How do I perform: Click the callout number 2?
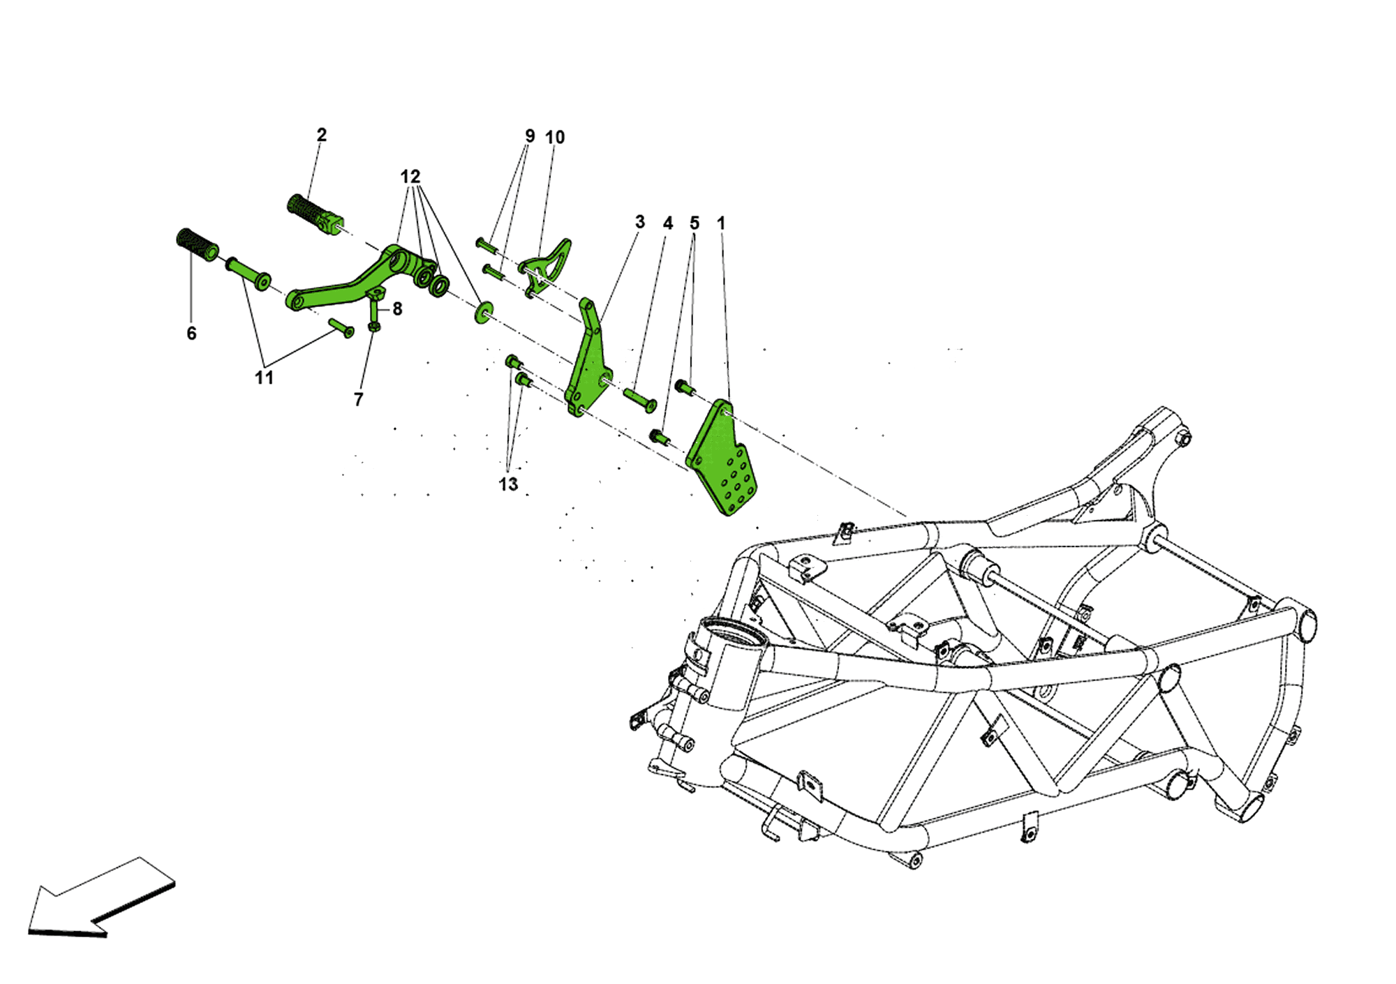tap(321, 135)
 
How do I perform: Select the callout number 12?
tap(410, 177)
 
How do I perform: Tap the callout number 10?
tap(555, 137)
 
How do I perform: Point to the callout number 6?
tap(191, 334)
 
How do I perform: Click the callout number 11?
tap(264, 378)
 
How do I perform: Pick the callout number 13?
tap(508, 484)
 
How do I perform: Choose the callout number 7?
tap(358, 399)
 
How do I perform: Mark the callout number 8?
tap(397, 309)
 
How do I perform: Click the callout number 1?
tap(721, 223)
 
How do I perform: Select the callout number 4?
tap(668, 223)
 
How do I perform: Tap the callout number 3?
tap(640, 222)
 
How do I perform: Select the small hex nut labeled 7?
tap(373, 326)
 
